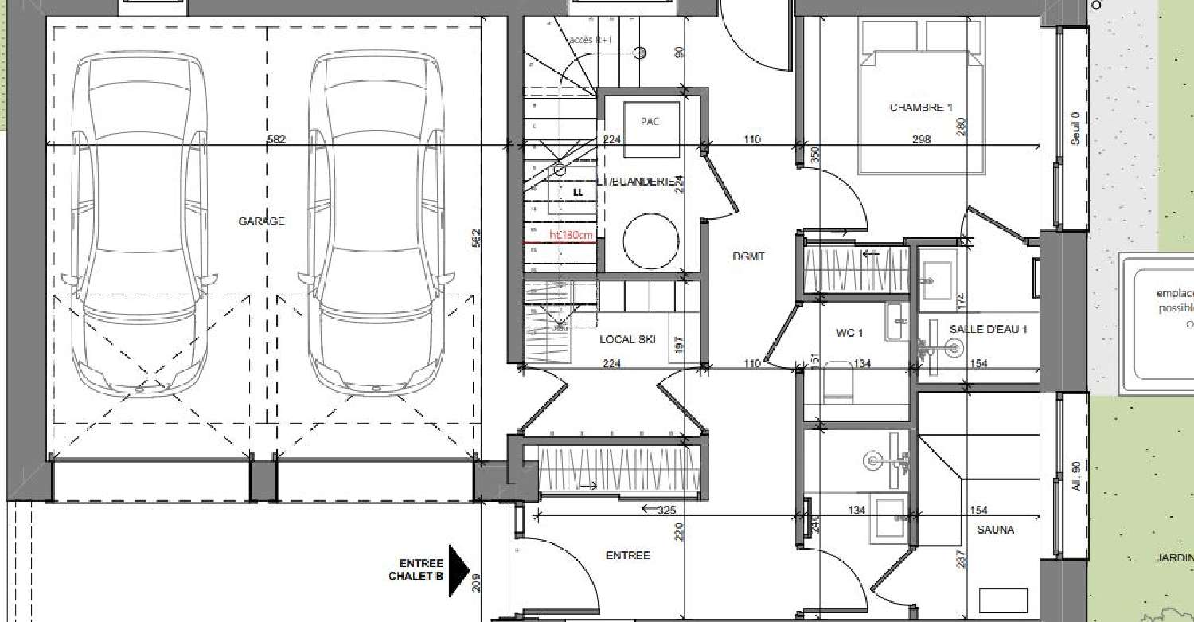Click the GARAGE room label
pos(261,221)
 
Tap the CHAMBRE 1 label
pos(921,108)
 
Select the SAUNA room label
pos(996,529)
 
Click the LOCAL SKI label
pos(627,339)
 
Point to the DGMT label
pos(748,256)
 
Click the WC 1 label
pos(849,332)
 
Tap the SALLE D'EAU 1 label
pos(989,329)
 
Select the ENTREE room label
pos(627,555)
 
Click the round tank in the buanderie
pos(650,241)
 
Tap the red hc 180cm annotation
pos(572,235)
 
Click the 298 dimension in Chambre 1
pos(921,140)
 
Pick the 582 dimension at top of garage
pos(276,140)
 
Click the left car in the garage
pos(135,223)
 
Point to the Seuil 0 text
pos(1075,127)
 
